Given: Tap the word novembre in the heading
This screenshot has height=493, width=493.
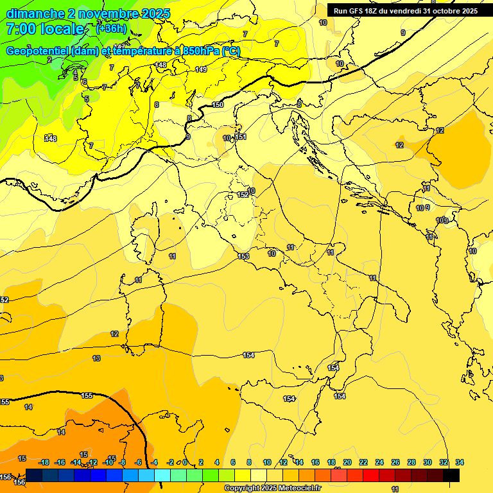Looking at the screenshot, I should pyautogui.click(x=103, y=13).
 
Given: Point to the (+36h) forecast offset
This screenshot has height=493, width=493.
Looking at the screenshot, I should pyautogui.click(x=111, y=29).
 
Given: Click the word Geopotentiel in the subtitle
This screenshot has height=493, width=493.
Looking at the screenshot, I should pyautogui.click(x=38, y=51).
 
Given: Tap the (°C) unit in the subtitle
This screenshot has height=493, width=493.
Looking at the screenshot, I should pyautogui.click(x=231, y=51).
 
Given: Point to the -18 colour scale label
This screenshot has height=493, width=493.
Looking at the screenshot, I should pyautogui.click(x=44, y=462).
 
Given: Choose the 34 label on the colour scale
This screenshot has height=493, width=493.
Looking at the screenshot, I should pyautogui.click(x=460, y=462).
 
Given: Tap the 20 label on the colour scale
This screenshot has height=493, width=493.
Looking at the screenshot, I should pyautogui.click(x=347, y=462).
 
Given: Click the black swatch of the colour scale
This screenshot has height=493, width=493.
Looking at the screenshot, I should pyautogui.click(x=451, y=475).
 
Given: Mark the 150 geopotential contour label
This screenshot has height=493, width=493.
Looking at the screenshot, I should pyautogui.click(x=218, y=105).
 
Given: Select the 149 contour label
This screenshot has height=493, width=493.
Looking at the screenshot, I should pyautogui.click(x=201, y=69).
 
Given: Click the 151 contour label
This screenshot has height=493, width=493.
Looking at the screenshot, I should pyautogui.click(x=241, y=137).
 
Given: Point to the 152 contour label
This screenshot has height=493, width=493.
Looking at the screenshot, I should pyautogui.click(x=243, y=195).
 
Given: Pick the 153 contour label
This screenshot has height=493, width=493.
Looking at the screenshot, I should pyautogui.click(x=243, y=256).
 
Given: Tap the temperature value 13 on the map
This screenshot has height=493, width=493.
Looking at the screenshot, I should pyautogui.click(x=96, y=358).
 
